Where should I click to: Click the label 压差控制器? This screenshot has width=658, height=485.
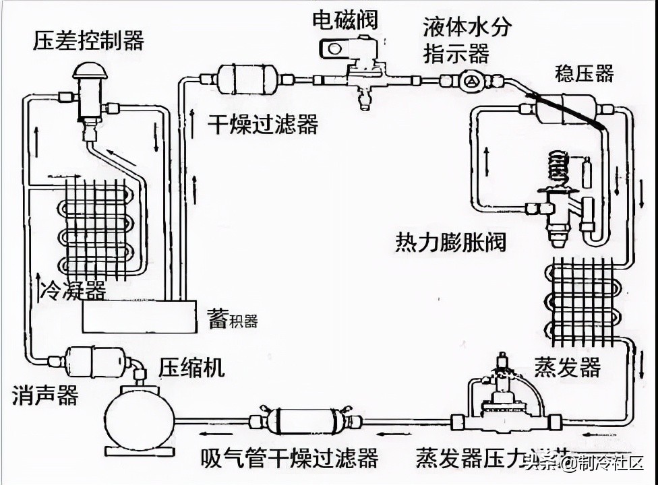tap(88, 40)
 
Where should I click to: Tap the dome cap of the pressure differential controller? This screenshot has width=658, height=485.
tap(89, 69)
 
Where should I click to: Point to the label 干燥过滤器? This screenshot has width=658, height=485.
tap(262, 124)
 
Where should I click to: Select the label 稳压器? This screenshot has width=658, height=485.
tap(584, 73)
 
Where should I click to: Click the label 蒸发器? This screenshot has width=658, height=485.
tap(567, 368)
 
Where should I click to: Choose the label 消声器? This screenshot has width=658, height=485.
tap(45, 395)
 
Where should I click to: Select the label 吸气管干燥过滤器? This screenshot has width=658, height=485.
tap(289, 458)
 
